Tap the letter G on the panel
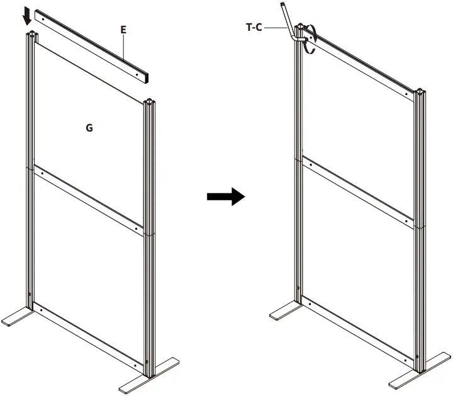point(89,128)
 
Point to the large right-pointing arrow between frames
point(225,196)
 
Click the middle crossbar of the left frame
point(88,198)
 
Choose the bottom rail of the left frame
point(88,337)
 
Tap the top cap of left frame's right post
point(149,102)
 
